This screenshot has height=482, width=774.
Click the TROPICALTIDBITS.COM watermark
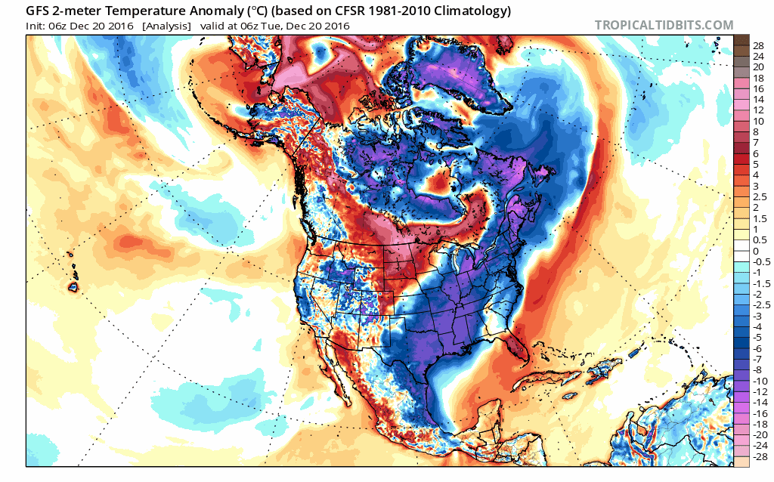pos(664,25)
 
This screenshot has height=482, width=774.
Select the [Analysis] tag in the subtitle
pos(167,26)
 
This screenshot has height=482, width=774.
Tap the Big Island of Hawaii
pos(73,287)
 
